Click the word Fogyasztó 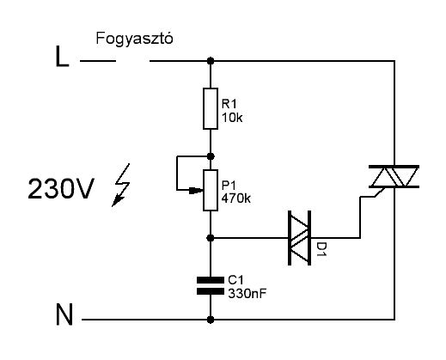pyautogui.click(x=134, y=39)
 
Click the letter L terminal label pyautogui.click(x=62, y=57)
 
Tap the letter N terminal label pyautogui.click(x=64, y=314)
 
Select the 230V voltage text pyautogui.click(x=61, y=188)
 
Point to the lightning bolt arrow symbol pyautogui.click(x=121, y=185)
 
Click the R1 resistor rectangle pyautogui.click(x=211, y=108)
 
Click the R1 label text pyautogui.click(x=229, y=104)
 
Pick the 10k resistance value pyautogui.click(x=232, y=118)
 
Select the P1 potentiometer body pyautogui.click(x=211, y=190)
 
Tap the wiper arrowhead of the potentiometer pyautogui.click(x=197, y=190)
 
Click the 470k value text pyautogui.click(x=236, y=198)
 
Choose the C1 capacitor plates pyautogui.click(x=211, y=285)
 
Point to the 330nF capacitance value pyautogui.click(x=247, y=293)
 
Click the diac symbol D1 pyautogui.click(x=299, y=238)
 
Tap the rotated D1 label pyautogui.click(x=321, y=249)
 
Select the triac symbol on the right pyautogui.click(x=394, y=177)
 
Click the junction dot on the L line pyautogui.click(x=211, y=61)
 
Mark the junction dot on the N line pyautogui.click(x=211, y=320)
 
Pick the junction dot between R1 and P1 pyautogui.click(x=211, y=156)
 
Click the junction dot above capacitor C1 pyautogui.click(x=211, y=238)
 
